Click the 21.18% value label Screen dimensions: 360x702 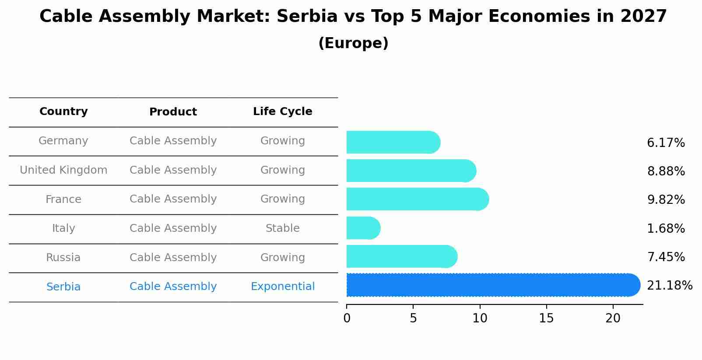pos(669,286)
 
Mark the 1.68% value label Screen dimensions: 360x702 pos(666,228)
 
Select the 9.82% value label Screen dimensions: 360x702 pos(666,200)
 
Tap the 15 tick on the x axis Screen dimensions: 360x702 pos(546,318)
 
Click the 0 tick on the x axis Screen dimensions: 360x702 pos(347,318)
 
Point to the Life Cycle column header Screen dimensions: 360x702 pos(282,112)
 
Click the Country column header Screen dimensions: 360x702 pos(63,112)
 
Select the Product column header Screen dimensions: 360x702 pos(173,112)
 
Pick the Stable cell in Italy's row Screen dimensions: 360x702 pos(282,228)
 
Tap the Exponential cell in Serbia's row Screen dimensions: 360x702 pos(282,287)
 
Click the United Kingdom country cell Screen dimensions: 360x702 pos(63,170)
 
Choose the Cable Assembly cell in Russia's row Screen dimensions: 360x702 pos(173,258)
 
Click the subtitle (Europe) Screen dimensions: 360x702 pos(353,43)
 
